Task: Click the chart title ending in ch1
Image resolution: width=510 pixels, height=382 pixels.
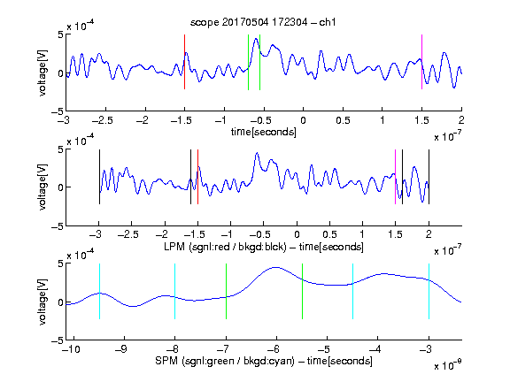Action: click(x=263, y=22)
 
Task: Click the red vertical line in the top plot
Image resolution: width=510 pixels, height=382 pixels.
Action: click(x=184, y=62)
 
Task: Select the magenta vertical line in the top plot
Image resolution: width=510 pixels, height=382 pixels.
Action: click(x=421, y=62)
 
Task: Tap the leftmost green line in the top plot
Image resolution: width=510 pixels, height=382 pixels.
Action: click(x=248, y=62)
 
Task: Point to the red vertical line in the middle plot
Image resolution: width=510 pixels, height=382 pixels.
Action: click(x=197, y=177)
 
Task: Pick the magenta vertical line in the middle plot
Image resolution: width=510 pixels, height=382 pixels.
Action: click(x=395, y=177)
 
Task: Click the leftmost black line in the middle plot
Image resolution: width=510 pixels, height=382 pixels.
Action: click(x=99, y=177)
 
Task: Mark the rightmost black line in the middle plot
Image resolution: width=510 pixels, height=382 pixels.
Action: click(x=429, y=177)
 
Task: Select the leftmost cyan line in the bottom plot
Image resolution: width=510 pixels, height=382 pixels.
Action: click(x=99, y=291)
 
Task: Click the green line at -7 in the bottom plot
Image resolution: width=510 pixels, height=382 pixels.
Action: click(x=226, y=291)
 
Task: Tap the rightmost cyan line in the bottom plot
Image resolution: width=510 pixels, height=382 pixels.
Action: click(x=429, y=291)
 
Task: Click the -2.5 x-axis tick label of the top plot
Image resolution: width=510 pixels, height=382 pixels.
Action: click(x=103, y=120)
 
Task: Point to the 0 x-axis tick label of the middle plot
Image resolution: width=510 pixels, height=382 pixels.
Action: click(x=297, y=234)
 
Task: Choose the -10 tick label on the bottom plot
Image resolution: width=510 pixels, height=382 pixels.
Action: click(x=71, y=349)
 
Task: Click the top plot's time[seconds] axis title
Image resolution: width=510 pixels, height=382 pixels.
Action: click(x=264, y=132)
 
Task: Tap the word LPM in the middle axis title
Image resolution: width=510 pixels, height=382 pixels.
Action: click(x=174, y=247)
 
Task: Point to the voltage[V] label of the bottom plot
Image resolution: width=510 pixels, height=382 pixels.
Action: click(x=42, y=302)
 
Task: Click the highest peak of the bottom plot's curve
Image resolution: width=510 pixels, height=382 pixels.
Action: click(x=276, y=267)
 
